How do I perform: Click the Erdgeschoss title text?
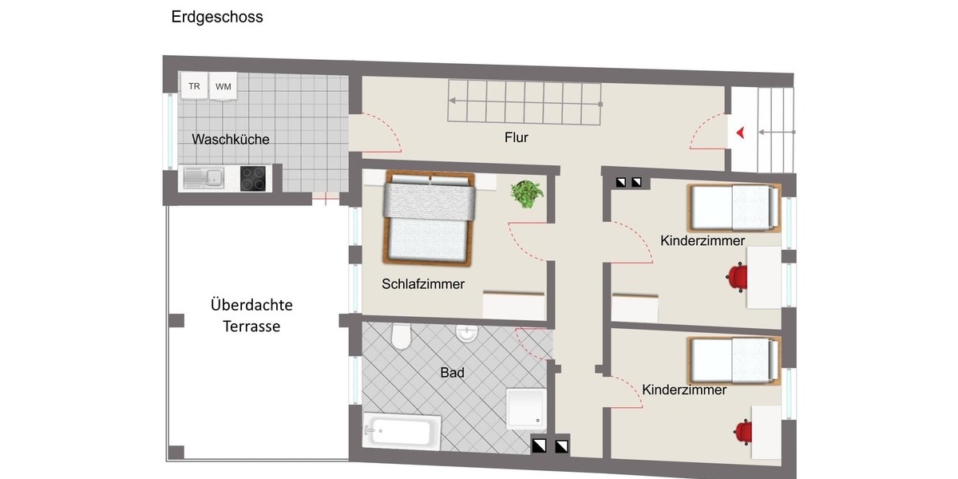tap(217, 17)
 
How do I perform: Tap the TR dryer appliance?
tap(194, 86)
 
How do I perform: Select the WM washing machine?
tap(223, 87)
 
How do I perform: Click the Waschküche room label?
tap(231, 139)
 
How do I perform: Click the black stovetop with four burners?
tap(253, 178)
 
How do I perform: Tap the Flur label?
tap(517, 137)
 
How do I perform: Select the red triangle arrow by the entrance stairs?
tap(741, 133)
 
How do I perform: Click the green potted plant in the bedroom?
tap(527, 194)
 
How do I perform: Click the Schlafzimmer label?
tap(423, 283)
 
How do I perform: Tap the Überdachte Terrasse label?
tap(251, 315)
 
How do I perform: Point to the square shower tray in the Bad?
tap(528, 408)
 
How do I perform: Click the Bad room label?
tap(452, 373)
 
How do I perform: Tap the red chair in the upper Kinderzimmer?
tap(737, 276)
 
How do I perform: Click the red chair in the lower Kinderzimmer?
tap(742, 431)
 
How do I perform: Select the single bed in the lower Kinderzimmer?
tap(733, 358)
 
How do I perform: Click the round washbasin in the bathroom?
tap(466, 333)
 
